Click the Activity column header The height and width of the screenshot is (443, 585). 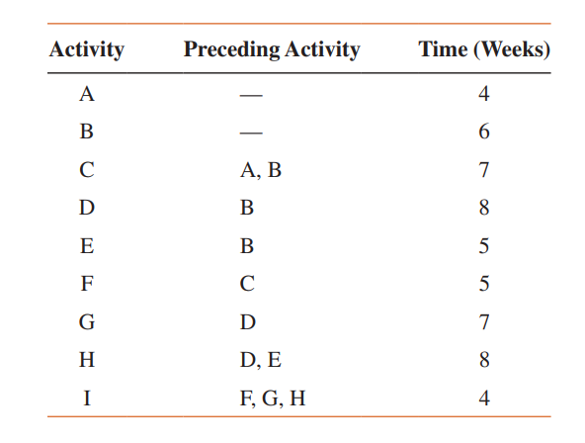click(x=87, y=49)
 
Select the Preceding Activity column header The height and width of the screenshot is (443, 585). click(x=272, y=49)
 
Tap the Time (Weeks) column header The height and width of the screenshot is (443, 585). click(x=483, y=49)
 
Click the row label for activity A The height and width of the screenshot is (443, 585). click(x=87, y=95)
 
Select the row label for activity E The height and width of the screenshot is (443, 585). click(x=87, y=247)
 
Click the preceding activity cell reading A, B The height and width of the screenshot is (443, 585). click(x=261, y=171)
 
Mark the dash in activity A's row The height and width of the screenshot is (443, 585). click(x=251, y=96)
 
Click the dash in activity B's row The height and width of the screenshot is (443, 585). click(x=251, y=133)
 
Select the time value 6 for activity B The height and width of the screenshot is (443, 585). click(x=483, y=133)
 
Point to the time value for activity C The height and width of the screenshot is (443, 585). click(x=483, y=171)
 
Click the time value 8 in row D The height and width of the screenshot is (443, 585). click(x=483, y=210)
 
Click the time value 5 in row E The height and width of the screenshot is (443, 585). click(x=483, y=247)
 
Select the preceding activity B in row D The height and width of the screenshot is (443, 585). click(x=247, y=210)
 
